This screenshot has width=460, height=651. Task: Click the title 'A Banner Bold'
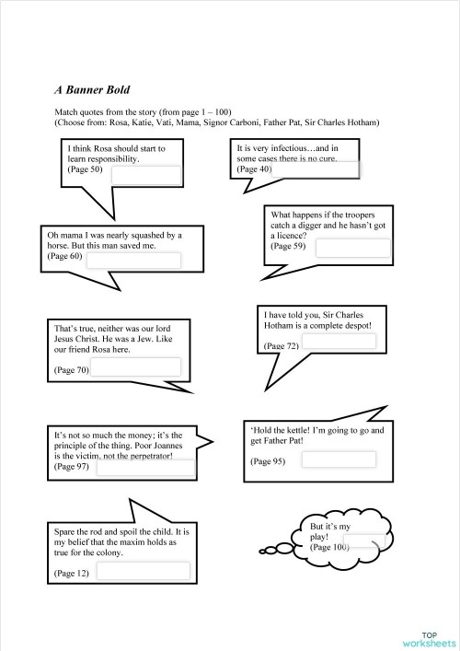(92, 90)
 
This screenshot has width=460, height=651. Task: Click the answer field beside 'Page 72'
(339, 342)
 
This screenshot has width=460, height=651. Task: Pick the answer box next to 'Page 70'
(135, 367)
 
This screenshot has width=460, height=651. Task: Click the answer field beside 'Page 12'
(143, 571)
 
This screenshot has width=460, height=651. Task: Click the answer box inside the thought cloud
(365, 541)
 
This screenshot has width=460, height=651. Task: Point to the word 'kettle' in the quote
(295, 430)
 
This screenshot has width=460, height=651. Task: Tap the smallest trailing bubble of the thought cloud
(263, 552)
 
